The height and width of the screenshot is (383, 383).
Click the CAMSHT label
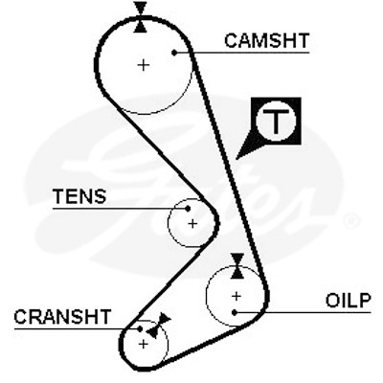click(267, 40)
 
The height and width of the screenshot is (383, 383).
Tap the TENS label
click(79, 196)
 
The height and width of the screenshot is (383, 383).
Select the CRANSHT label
click(62, 317)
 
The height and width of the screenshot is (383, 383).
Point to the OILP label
click(349, 301)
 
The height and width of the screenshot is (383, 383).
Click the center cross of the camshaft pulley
click(144, 65)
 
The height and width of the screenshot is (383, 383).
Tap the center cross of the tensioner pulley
click(192, 224)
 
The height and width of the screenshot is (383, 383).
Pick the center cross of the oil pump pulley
click(237, 297)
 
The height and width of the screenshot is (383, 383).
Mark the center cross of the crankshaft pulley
click(144, 344)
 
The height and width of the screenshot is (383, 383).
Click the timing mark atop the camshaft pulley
click(141, 17)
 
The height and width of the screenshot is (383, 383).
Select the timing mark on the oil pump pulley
click(237, 266)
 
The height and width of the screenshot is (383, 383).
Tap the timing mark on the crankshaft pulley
click(159, 326)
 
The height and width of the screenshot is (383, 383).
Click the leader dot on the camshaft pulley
click(174, 53)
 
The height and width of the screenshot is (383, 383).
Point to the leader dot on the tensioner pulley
click(188, 209)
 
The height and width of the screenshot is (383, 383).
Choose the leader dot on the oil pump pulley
click(235, 312)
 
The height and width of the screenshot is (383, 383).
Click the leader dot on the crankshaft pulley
click(140, 328)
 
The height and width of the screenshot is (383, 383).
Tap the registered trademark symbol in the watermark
click(350, 221)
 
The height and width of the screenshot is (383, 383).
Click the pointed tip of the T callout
click(237, 158)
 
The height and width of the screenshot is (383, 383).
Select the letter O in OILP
click(332, 301)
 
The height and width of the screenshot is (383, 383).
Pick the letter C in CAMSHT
click(232, 40)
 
